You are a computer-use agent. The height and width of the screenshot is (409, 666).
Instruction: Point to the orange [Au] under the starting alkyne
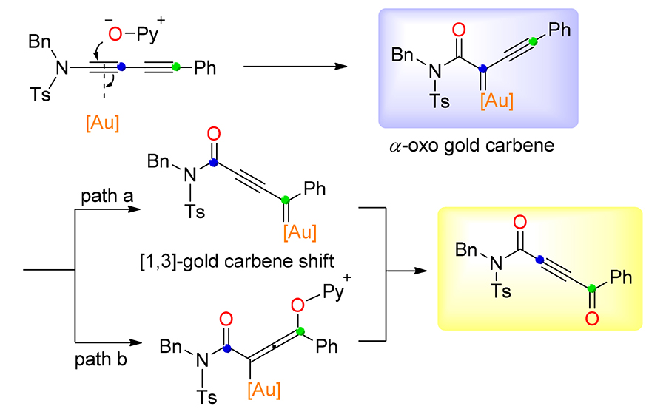pyautogui.click(x=102, y=124)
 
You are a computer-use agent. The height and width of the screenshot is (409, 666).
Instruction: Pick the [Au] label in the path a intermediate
pyautogui.click(x=300, y=232)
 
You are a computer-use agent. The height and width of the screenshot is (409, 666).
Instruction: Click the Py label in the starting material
pyautogui.click(x=147, y=34)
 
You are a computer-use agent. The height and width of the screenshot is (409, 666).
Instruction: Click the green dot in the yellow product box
pyautogui.click(x=591, y=290)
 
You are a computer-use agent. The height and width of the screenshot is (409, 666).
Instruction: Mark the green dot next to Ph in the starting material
pyautogui.click(x=175, y=69)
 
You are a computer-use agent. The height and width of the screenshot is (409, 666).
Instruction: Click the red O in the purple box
pyautogui.click(x=459, y=30)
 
